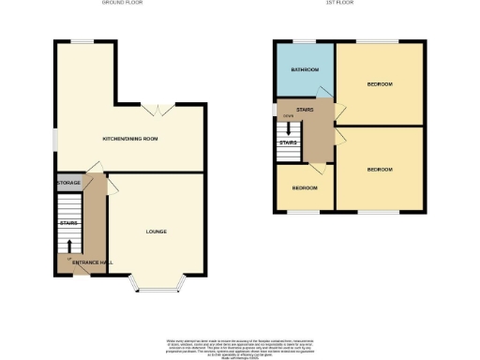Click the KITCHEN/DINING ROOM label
pyautogui.click(x=130, y=140)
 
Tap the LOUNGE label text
pyautogui.click(x=157, y=231)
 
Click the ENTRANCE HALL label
pyautogui.click(x=93, y=262)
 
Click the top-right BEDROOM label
pyautogui.click(x=379, y=84)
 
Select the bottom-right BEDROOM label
pyautogui.click(x=379, y=169)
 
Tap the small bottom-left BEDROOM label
pyautogui.click(x=304, y=187)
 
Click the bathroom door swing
pyautogui.click(x=325, y=92)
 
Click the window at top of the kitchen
pyautogui.click(x=84, y=40)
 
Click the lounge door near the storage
pyautogui.click(x=113, y=187)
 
